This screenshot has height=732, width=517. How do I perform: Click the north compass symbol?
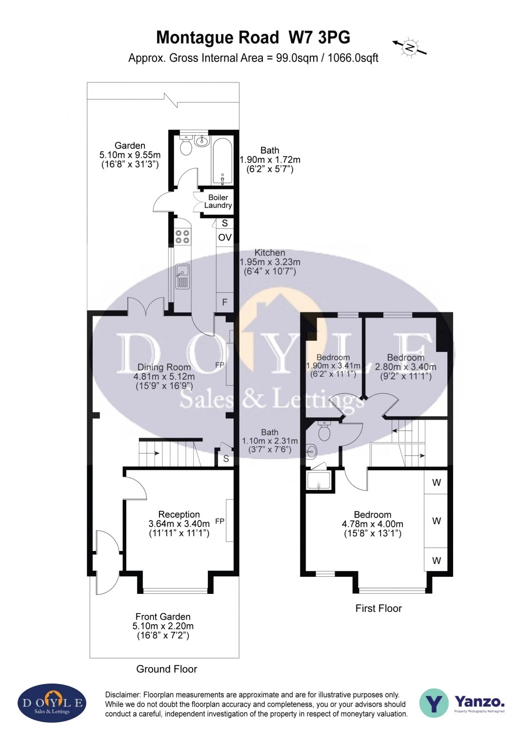[x=410, y=47]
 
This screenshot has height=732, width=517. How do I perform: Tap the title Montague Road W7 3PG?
[x=253, y=37]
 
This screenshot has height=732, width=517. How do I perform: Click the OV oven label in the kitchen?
[x=225, y=238]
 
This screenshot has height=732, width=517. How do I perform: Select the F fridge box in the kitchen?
[x=225, y=302]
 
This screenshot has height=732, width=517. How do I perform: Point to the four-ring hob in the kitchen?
[x=182, y=237]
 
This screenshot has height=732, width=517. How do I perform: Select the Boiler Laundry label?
[x=218, y=201]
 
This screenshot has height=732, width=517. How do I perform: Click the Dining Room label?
[x=164, y=367]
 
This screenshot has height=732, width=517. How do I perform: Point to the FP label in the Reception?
[x=220, y=521]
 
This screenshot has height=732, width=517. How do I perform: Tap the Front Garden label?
[x=163, y=617]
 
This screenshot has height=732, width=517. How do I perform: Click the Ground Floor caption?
[x=166, y=669]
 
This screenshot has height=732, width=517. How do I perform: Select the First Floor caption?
[x=378, y=608]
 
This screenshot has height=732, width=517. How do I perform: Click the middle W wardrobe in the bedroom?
[x=437, y=521]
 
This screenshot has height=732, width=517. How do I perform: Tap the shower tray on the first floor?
[x=318, y=480]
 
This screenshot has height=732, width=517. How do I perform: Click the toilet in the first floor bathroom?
[x=324, y=431]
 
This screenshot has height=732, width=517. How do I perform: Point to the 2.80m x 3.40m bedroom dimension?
[x=405, y=367]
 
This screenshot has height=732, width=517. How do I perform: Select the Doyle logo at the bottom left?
[x=52, y=703]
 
